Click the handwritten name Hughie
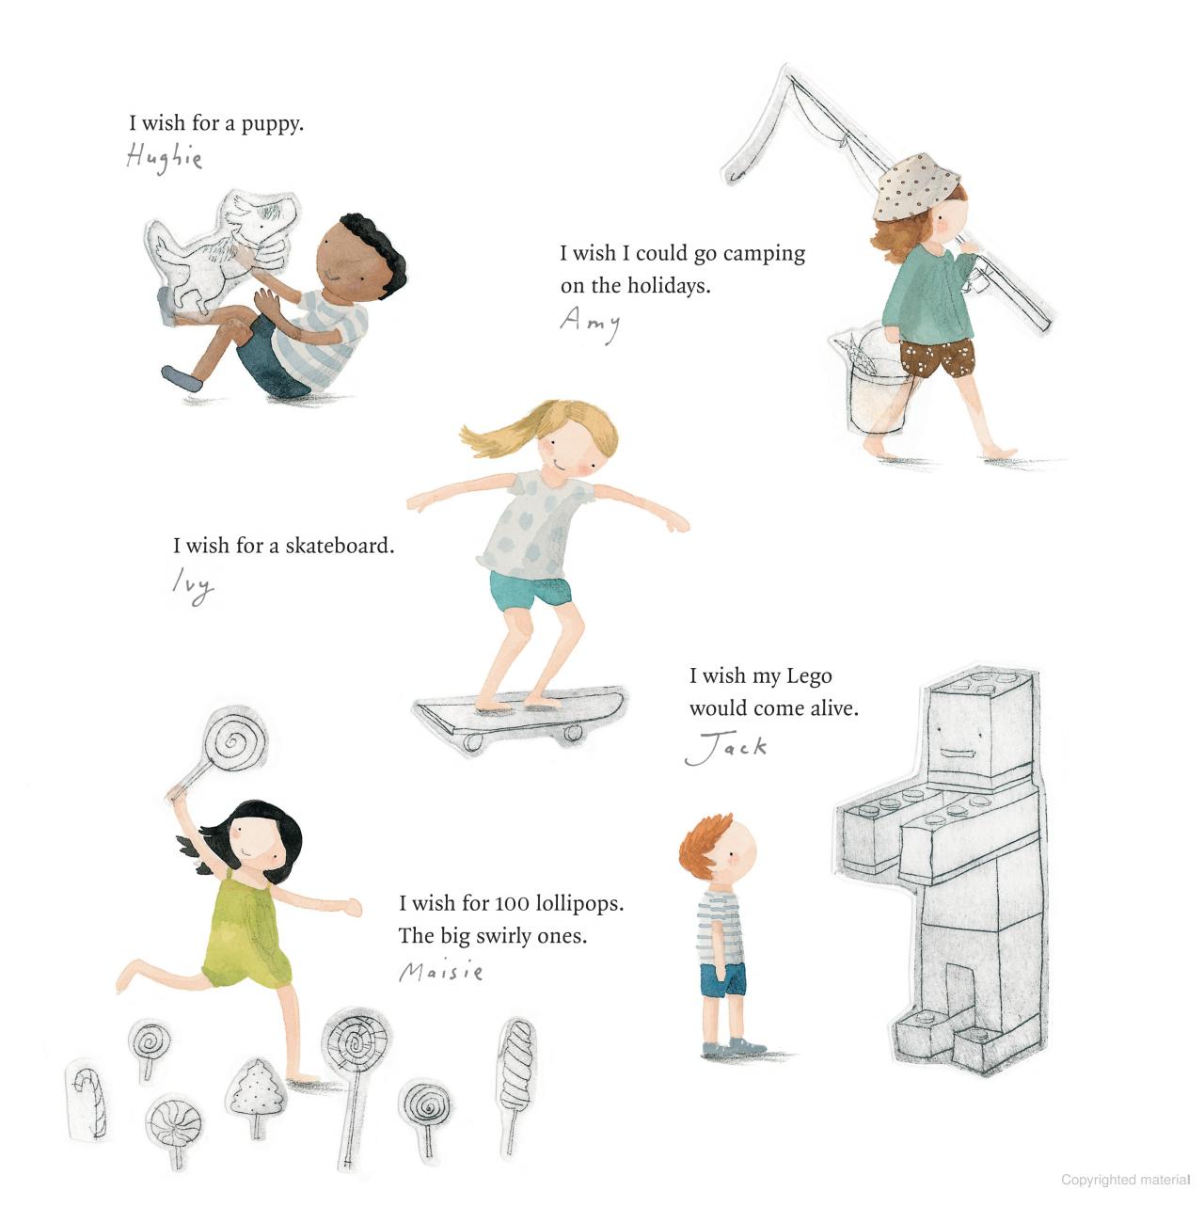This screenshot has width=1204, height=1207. (x=164, y=158)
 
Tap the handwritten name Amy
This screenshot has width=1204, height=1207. (x=590, y=324)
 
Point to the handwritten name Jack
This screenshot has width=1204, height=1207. (x=725, y=747)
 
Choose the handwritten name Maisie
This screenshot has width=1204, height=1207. (x=441, y=971)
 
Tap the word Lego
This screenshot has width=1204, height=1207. (x=809, y=677)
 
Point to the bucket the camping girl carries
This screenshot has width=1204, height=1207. (x=876, y=382)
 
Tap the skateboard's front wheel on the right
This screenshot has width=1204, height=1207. (x=571, y=734)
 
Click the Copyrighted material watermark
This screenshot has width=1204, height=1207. (x=1125, y=1180)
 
